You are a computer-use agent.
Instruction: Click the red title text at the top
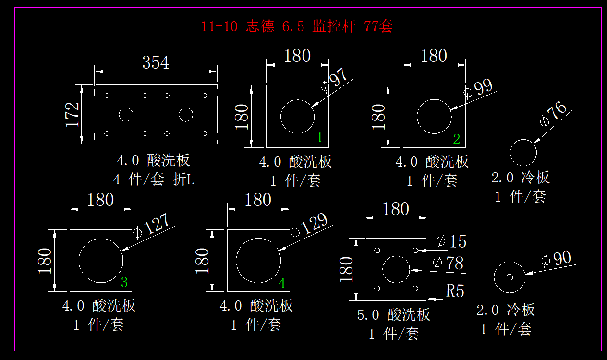click(297, 26)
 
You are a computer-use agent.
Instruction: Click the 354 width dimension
click(156, 62)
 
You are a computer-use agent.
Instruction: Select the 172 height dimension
click(73, 114)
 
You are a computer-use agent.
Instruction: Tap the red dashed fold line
click(156, 114)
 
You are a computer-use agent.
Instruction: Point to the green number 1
click(320, 138)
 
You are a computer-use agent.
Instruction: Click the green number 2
click(456, 139)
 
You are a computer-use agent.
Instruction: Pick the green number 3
click(124, 282)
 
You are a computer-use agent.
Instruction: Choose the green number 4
click(282, 283)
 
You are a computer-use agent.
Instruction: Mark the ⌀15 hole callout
click(451, 241)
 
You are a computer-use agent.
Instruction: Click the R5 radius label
click(455, 291)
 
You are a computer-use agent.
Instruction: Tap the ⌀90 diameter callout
click(556, 259)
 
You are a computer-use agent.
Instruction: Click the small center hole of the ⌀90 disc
click(510, 277)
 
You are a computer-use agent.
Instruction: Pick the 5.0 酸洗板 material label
click(394, 315)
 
